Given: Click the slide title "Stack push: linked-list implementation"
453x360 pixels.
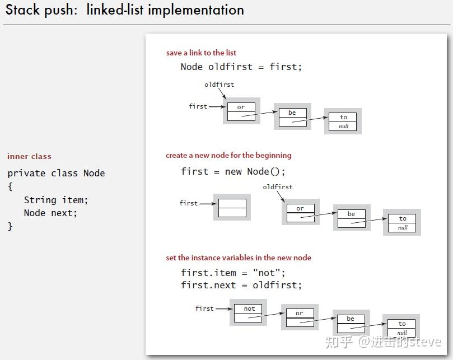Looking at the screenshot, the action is (125, 10).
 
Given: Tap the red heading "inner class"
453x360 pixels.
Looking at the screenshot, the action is (29, 156).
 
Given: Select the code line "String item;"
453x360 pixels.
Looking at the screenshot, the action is (56, 200).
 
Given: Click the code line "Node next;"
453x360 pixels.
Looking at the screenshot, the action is (50, 213).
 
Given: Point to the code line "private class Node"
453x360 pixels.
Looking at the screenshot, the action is (57, 173).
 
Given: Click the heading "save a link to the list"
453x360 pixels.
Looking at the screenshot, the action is (201, 53).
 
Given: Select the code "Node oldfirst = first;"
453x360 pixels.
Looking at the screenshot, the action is (241, 67).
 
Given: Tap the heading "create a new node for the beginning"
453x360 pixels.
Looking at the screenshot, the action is (228, 156).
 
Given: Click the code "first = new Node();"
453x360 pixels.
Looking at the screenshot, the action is (233, 171).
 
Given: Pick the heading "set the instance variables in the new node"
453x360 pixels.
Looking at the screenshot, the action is (239, 258).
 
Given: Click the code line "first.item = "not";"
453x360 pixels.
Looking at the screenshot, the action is (233, 273).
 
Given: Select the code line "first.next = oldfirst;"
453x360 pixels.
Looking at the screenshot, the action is (241, 285).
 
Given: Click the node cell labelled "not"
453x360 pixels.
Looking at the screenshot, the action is (248, 308).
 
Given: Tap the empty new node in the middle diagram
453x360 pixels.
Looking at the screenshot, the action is (232, 208).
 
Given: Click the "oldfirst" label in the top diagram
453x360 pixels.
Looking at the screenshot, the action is (220, 85).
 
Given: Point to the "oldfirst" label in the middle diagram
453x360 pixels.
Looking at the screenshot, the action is (278, 187).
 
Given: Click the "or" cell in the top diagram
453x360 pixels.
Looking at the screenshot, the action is (241, 107).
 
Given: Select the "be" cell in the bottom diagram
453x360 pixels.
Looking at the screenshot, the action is (351, 319).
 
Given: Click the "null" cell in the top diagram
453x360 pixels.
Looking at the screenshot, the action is (343, 127).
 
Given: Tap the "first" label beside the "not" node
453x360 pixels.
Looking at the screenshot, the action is (204, 308).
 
